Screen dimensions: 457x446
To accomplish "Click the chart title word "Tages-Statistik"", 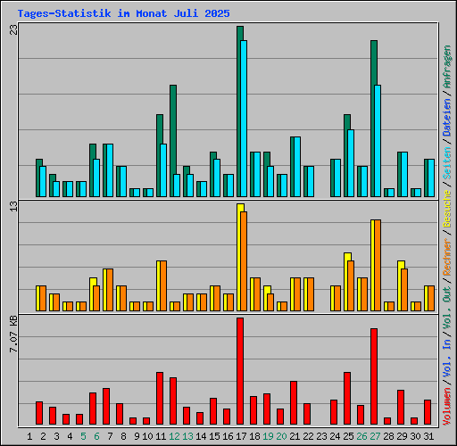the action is pos(64,13).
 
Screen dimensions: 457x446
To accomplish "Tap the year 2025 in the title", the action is pos(217,13).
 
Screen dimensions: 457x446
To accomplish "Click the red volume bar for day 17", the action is pos(240,371).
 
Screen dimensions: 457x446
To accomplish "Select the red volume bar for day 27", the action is pos(374,376).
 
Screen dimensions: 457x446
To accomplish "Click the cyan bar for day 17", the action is pos(244,119).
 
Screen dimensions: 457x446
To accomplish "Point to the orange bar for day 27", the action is pos(378,266).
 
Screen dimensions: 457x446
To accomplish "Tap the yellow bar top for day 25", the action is pos(347,256).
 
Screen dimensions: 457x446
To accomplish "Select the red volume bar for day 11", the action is pos(160,398).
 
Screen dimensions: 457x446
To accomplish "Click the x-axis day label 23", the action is pos(321,436).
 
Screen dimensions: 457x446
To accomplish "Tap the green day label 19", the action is pos(268,436).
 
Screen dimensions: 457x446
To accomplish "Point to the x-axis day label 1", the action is pos(29,436).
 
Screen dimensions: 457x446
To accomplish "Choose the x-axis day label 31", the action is pos(428,436).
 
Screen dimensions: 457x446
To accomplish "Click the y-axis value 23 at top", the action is pos(14,29).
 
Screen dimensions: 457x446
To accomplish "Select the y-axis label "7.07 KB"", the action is pos(13,334).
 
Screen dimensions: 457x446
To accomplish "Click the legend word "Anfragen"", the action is pos(447,67).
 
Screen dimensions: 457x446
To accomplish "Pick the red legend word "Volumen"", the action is pos(447,406).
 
